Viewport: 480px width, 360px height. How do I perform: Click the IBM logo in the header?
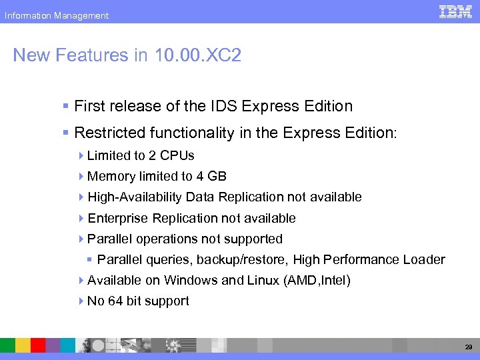(x=455, y=12)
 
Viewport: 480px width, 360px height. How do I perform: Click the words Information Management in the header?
(x=57, y=15)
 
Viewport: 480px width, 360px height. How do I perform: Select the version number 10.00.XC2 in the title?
(x=197, y=55)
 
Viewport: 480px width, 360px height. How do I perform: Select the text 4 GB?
(x=211, y=176)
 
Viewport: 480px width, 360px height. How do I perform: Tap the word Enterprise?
(x=118, y=218)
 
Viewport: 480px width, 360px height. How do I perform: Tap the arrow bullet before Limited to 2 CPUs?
(x=81, y=155)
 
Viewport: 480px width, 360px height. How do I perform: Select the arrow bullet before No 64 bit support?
(x=81, y=301)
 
